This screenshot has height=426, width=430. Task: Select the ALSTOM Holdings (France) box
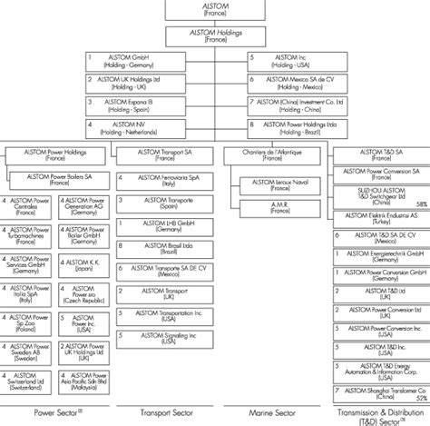pos(216,37)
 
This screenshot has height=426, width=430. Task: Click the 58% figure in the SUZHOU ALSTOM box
pos(420,204)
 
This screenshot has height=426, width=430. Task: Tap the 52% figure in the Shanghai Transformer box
pos(420,396)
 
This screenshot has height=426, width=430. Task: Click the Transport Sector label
pos(163,413)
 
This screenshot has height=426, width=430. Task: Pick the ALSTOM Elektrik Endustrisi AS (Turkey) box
pos(382,223)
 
